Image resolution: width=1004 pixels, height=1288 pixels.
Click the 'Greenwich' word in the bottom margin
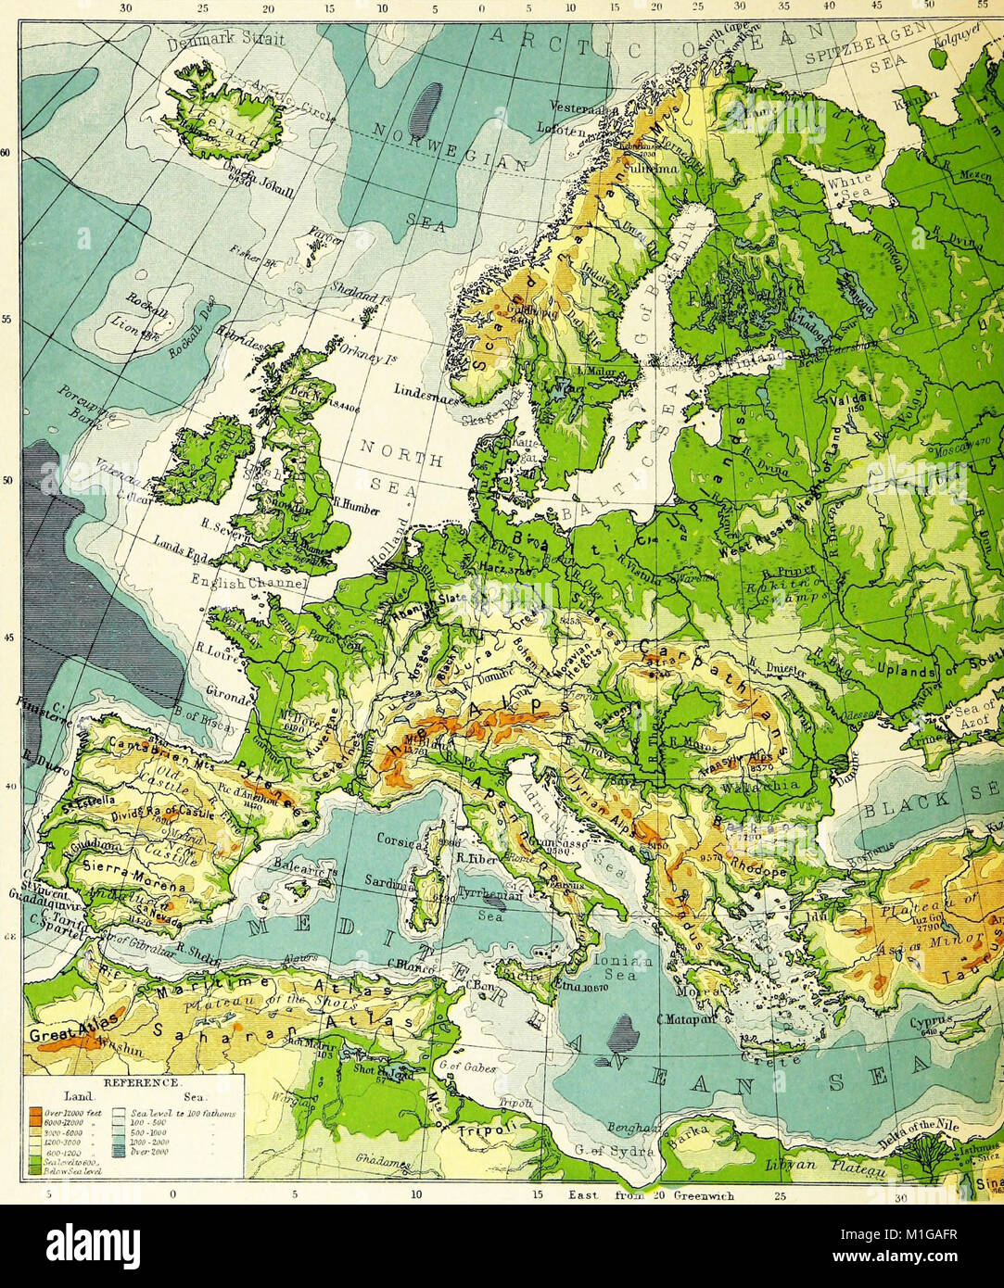(x=705, y=1196)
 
